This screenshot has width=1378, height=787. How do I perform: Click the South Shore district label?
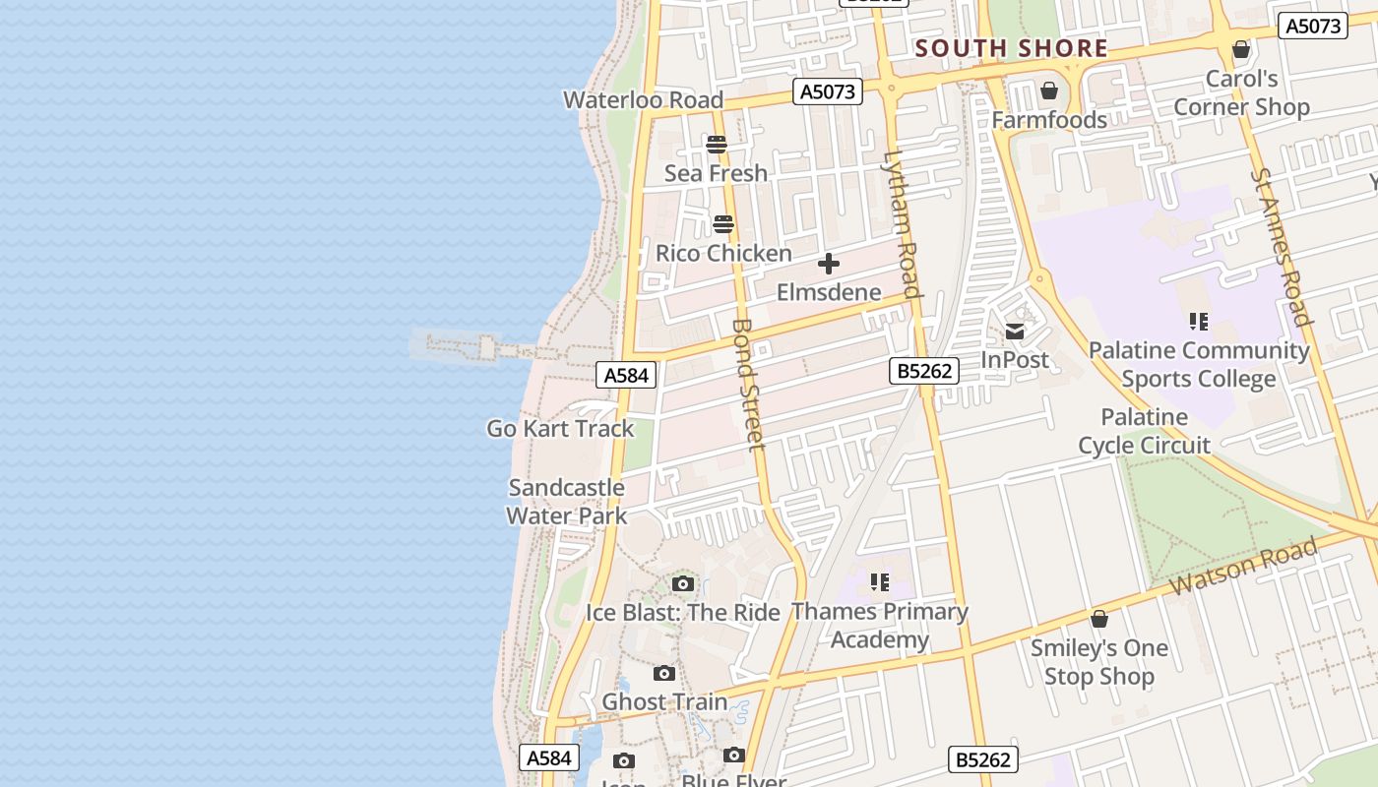[x=1011, y=48]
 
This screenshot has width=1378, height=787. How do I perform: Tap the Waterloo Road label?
[x=643, y=99]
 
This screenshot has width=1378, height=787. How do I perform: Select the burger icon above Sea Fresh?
[x=717, y=145]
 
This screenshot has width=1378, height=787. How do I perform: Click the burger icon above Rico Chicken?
[x=723, y=224]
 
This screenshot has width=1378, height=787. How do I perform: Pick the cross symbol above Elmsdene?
[x=829, y=264]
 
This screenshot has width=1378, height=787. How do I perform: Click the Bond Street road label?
[x=749, y=384]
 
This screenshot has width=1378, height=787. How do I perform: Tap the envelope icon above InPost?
[x=1015, y=332]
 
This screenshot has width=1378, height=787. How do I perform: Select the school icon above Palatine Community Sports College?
[x=1198, y=321]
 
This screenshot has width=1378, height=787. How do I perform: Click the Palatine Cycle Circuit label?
[x=1144, y=431]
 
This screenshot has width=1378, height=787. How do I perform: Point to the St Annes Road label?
[x=1282, y=246]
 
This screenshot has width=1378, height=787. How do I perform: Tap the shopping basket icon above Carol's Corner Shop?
[x=1241, y=49]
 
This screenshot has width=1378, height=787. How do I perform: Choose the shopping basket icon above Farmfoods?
[x=1049, y=91]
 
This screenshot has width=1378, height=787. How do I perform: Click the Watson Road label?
[x=1243, y=567]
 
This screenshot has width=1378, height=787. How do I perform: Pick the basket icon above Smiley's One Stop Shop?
[x=1099, y=619]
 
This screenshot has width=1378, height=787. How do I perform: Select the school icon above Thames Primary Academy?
[x=880, y=582]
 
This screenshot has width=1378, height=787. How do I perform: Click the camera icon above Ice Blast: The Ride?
[x=683, y=584]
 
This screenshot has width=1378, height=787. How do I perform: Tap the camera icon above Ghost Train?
[x=664, y=674]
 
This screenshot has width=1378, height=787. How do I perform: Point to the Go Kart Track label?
[x=560, y=429]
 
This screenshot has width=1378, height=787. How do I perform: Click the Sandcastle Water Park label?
[x=566, y=501]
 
